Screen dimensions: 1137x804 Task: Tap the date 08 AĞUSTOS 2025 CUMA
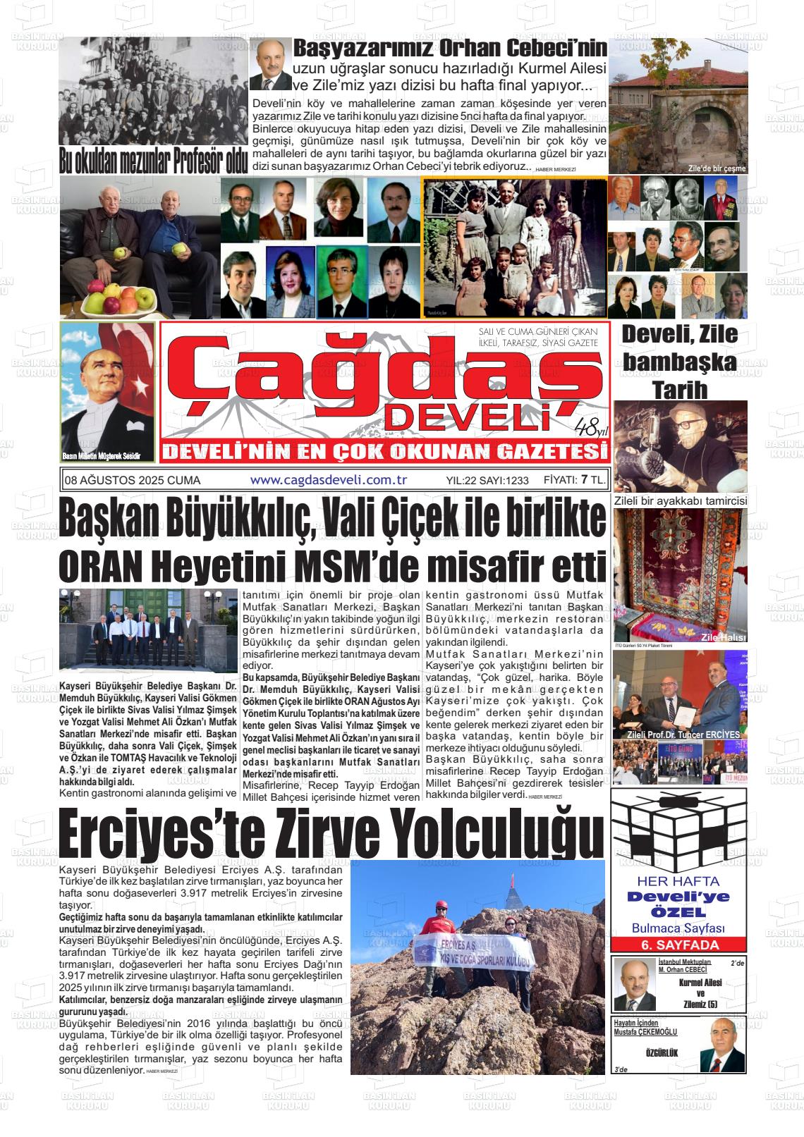[132, 480]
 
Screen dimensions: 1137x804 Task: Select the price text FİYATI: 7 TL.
[574, 480]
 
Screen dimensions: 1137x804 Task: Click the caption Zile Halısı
[721, 637]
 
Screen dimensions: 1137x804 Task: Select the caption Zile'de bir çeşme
[717, 168]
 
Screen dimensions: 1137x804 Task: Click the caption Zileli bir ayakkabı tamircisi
[680, 500]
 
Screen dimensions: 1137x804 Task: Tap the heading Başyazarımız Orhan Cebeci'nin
[449, 49]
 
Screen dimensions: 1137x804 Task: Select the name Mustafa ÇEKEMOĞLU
[645, 1031]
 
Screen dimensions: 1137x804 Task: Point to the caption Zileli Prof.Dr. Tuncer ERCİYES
[678, 735]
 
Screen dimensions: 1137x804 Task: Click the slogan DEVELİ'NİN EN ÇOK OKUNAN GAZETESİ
[384, 451]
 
